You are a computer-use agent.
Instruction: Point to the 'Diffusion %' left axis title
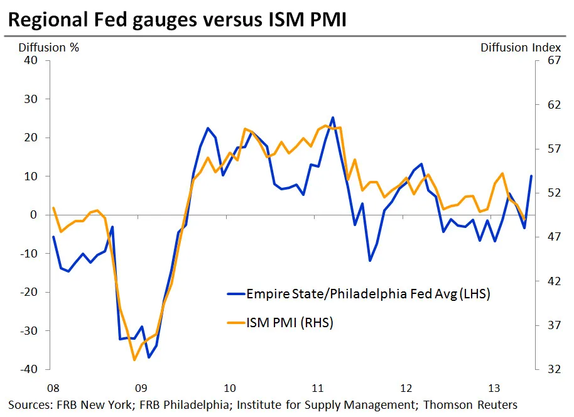49,47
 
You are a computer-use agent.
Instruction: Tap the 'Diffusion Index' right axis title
521,47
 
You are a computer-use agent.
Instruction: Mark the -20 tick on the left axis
30,292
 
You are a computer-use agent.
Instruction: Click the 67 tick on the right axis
553,60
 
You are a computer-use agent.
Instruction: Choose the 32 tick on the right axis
553,369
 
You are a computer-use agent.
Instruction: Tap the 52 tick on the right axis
553,193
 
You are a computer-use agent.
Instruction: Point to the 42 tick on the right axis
553,281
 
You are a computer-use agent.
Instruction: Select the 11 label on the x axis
317,386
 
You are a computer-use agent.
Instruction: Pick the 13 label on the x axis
494,386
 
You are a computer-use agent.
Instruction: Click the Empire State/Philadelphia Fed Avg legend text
368,293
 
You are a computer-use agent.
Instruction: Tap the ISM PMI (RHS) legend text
290,323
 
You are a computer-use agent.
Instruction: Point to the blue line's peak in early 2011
333,117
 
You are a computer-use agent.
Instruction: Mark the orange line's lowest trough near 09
134,360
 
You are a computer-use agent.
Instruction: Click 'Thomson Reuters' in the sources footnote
470,404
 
